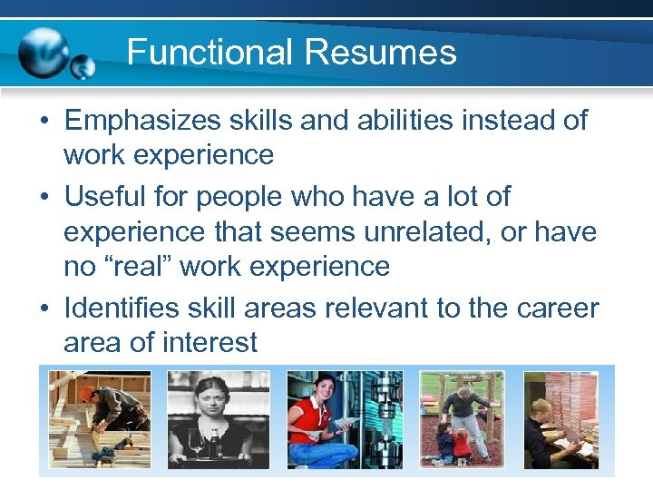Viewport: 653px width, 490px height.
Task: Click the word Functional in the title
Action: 210,52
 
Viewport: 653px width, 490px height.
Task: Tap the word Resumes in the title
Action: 381,52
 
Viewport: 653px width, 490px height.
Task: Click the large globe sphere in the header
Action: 44,52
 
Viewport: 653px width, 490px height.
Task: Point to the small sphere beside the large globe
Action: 83,66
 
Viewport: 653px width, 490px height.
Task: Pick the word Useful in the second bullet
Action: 102,196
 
